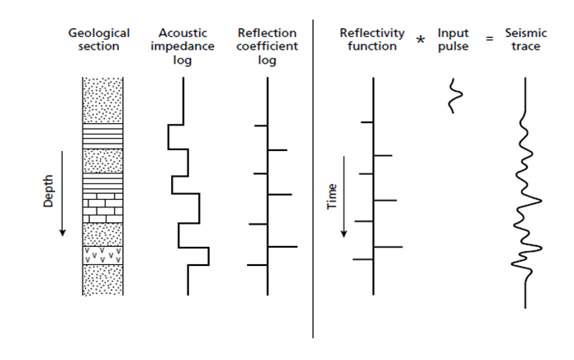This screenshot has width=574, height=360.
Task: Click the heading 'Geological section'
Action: (99, 40)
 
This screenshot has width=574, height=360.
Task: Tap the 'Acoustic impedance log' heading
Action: (183, 46)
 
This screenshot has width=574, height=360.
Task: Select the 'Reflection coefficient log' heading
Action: (267, 46)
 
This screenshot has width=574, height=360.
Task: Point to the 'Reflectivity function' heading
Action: (372, 40)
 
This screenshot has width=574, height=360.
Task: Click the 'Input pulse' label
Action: (453, 40)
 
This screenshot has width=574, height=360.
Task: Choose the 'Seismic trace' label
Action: (525, 40)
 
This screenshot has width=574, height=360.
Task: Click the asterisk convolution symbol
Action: (420, 40)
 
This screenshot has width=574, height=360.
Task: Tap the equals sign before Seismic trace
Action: (490, 39)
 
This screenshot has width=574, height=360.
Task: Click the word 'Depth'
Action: (48, 191)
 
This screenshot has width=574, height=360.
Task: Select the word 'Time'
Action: (332, 197)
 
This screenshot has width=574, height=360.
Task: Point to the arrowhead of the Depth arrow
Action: (62, 233)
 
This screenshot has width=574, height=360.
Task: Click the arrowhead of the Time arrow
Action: (344, 234)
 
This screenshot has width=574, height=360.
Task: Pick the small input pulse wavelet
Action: (455, 96)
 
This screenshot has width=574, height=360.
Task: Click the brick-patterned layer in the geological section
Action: (103, 208)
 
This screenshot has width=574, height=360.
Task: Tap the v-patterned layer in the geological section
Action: (103, 255)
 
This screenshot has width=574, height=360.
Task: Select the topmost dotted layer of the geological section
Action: (103, 100)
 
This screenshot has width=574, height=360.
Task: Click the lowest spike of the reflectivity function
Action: (363, 259)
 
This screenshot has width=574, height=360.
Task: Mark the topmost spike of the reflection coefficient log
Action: (261, 126)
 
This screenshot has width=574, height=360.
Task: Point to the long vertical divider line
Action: (313, 178)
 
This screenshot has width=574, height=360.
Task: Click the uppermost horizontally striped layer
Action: (103, 136)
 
